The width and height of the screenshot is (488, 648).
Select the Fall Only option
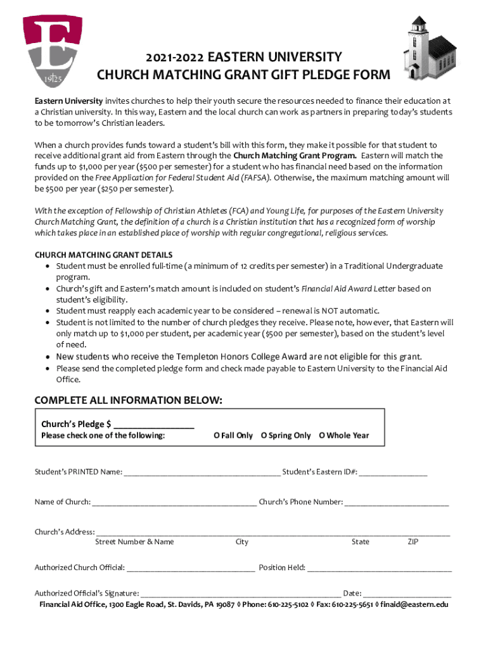point(233,435)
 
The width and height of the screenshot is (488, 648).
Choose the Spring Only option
point(286,435)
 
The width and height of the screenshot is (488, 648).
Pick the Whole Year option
point(344,435)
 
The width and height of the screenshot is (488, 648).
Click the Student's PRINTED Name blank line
point(202,472)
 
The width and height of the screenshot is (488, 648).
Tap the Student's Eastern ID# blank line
point(394,472)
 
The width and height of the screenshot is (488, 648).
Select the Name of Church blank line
point(174,502)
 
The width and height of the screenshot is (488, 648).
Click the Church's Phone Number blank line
point(397,502)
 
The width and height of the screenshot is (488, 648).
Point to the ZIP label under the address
point(413,542)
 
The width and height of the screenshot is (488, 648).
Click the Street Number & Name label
point(134,542)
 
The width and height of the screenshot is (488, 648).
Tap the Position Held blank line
point(380,568)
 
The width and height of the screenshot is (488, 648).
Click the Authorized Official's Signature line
point(240,594)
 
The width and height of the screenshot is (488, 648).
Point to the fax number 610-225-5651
point(354,605)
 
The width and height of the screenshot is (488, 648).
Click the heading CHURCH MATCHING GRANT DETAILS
point(103,255)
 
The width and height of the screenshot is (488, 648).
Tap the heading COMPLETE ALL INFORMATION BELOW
point(128,400)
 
